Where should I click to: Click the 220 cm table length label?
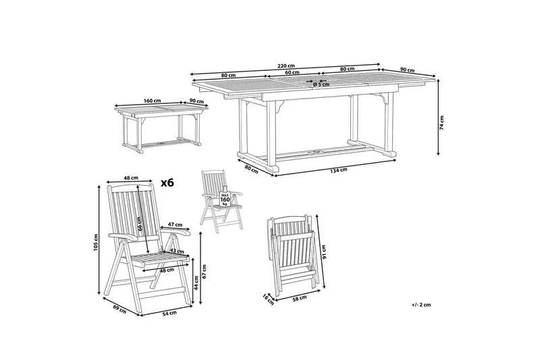[286, 66]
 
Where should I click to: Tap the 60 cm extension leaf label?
[292, 72]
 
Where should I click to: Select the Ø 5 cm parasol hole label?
[321, 84]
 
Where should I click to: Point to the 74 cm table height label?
[441, 123]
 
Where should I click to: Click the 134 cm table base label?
[339, 170]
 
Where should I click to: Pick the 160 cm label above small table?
[153, 101]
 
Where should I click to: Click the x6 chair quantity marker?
[167, 182]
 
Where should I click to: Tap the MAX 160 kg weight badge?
[225, 198]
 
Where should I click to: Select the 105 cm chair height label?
[96, 242]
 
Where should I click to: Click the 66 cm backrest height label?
[139, 224]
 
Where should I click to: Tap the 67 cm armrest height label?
[204, 272]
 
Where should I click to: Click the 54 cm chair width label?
[171, 313]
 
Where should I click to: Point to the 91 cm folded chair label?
[323, 252]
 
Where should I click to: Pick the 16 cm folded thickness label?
[268, 299]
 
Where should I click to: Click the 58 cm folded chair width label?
[300, 298]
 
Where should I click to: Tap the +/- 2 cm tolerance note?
[421, 305]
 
